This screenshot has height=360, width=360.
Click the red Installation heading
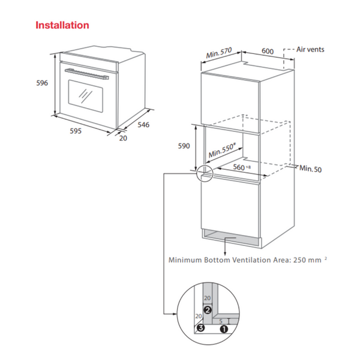point(62,25)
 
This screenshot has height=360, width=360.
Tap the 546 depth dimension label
point(143,125)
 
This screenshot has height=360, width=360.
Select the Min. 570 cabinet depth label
point(219,53)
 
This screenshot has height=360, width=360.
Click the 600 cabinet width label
point(268,50)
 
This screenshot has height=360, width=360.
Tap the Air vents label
point(311,49)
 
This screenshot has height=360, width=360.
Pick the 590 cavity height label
point(184,146)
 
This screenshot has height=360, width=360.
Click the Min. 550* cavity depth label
point(221,150)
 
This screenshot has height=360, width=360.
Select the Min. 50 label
point(311,169)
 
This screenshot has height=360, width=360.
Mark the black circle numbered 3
point(201,328)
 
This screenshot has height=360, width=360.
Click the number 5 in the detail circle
point(221,320)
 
